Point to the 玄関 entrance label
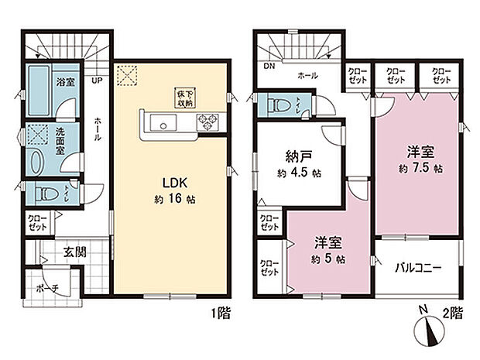(x=74, y=252)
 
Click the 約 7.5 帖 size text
(x=420, y=167)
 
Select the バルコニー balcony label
(x=418, y=268)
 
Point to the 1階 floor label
(x=220, y=314)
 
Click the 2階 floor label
(x=453, y=314)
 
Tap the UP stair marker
(x=97, y=80)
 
